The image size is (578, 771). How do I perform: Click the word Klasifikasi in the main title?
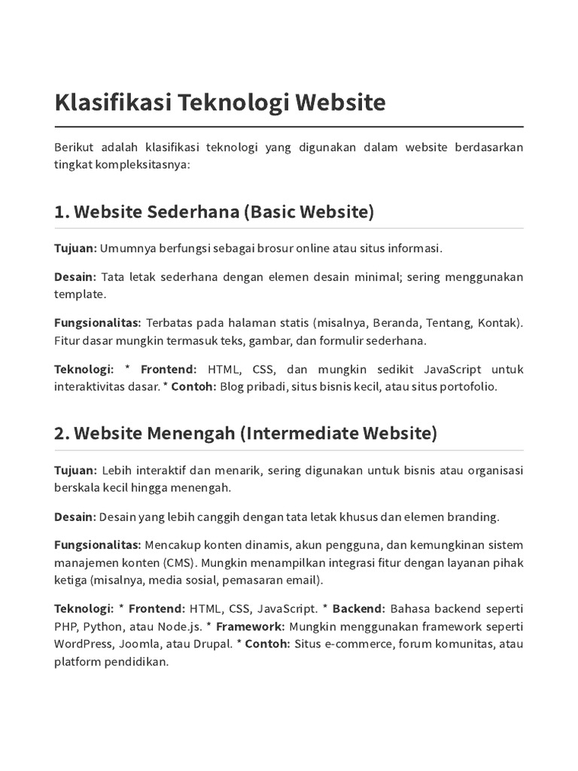pyautogui.click(x=112, y=102)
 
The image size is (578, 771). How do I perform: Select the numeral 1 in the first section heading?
pyautogui.click(x=59, y=212)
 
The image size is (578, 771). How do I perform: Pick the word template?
pyautogui.click(x=80, y=294)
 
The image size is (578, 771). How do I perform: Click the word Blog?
pyautogui.click(x=233, y=387)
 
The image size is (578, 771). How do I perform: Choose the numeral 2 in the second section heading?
pyautogui.click(x=61, y=434)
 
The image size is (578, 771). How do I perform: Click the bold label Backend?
pyautogui.click(x=359, y=608)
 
